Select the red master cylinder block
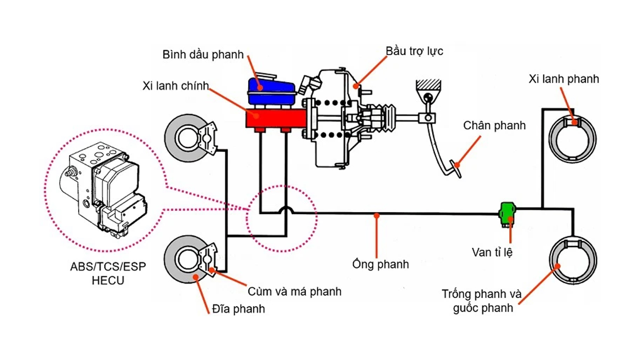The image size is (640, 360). [276, 118]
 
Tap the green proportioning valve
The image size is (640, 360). [507, 213]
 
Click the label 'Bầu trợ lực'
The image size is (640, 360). [414, 51]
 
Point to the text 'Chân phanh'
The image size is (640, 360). [494, 126]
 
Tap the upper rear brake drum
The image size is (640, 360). [572, 139]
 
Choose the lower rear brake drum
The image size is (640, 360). [573, 260]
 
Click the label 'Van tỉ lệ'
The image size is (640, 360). [492, 252]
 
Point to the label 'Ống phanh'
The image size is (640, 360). [380, 264]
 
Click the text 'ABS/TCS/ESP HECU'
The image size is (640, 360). [108, 273]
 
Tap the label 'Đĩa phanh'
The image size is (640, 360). [238, 309]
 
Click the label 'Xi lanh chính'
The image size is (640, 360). [176, 86]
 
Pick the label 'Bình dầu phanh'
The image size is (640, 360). [203, 55]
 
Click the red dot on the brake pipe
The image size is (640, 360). [376, 215]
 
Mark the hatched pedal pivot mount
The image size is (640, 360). [428, 85]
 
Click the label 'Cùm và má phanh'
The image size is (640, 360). [294, 292]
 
